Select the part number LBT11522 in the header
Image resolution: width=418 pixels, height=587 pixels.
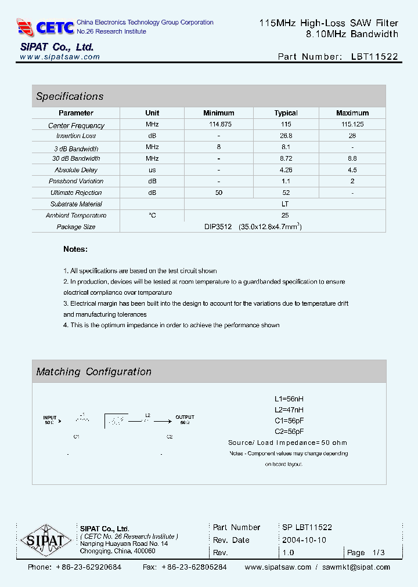(374, 57)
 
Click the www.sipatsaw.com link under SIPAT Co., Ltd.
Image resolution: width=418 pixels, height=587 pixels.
(60, 57)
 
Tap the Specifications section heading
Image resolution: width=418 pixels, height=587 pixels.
(70, 96)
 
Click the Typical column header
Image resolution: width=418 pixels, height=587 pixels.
(286, 113)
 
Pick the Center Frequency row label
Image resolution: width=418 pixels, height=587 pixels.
(76, 125)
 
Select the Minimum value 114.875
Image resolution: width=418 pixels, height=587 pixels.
(218, 125)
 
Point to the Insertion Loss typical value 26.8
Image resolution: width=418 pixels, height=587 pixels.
(286, 136)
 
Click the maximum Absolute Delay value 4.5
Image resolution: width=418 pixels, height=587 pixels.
(352, 170)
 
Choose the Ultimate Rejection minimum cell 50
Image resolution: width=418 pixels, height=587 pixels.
(218, 193)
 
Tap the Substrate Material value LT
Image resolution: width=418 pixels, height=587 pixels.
(285, 204)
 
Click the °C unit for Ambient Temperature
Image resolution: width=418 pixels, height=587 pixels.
(152, 215)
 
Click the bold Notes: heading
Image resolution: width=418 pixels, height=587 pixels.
(75, 249)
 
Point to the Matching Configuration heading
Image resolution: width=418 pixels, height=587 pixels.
(93, 372)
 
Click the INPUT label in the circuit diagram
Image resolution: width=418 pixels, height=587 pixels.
(51, 417)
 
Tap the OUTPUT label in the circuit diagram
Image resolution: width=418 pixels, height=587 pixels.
(185, 417)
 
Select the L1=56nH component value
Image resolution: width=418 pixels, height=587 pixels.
(289, 399)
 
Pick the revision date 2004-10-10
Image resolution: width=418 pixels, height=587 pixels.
(304, 540)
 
